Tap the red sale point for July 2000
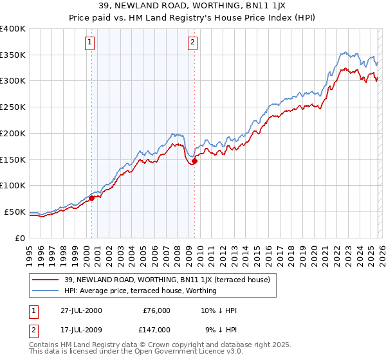pos(92,198)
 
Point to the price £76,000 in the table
pos(156,310)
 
